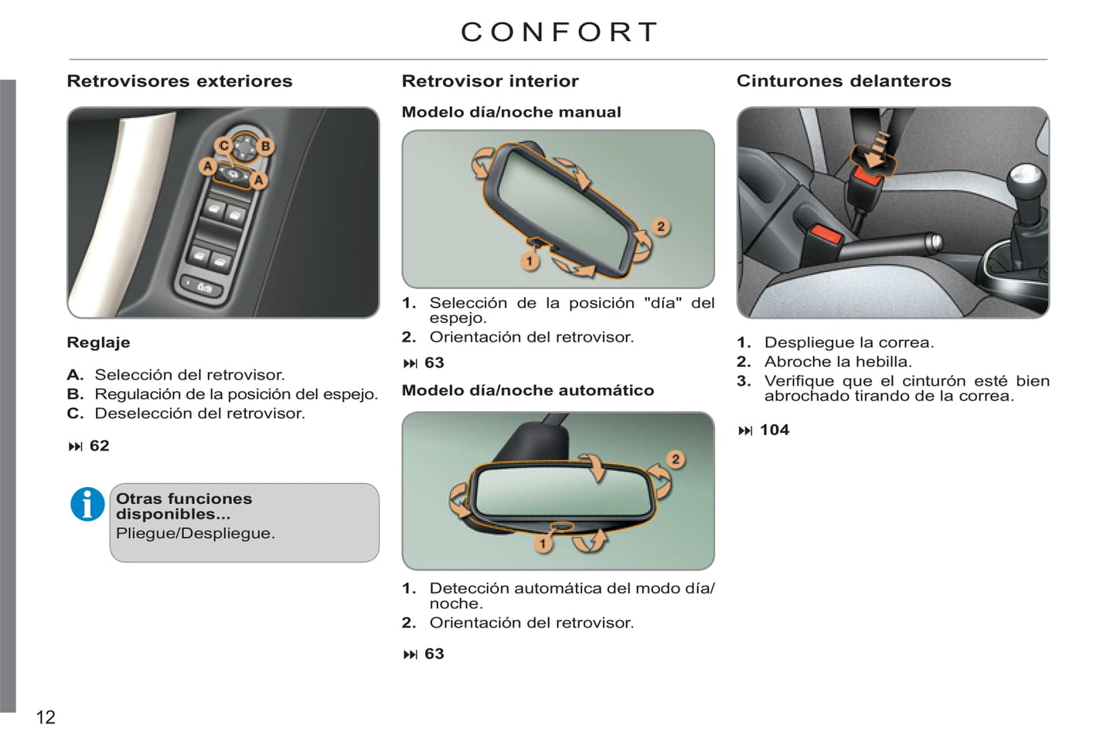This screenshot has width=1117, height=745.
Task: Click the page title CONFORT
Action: point(559,32)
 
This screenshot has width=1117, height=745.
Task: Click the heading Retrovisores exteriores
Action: point(179,81)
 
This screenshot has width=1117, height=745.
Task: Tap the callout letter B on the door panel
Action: point(265,145)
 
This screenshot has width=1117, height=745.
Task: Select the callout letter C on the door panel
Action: point(224,145)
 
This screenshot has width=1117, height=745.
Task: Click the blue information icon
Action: point(87,504)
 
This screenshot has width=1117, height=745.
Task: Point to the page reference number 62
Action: point(99,445)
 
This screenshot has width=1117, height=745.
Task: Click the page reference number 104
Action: point(775,430)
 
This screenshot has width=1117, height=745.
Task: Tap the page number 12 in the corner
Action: point(46,717)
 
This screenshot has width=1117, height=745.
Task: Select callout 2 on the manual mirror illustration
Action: point(661,227)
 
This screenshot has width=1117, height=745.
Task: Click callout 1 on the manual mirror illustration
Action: point(530,260)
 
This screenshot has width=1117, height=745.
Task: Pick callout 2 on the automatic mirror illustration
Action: point(676,459)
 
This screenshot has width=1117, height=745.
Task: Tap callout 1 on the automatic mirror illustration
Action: point(543,543)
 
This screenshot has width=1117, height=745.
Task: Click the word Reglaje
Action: point(98,342)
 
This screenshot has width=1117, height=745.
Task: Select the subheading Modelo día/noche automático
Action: point(528,390)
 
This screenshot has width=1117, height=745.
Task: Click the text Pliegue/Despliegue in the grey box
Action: point(196,533)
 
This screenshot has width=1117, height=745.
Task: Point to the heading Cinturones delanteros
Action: point(843,81)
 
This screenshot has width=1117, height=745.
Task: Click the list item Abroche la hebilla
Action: point(838,362)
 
